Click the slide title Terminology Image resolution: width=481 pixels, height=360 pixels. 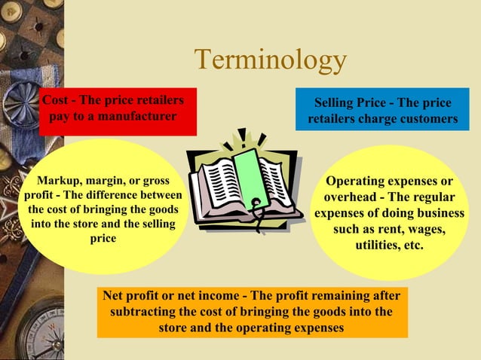271,61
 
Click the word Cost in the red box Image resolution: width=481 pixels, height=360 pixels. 54,102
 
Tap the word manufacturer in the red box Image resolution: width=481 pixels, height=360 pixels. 139,117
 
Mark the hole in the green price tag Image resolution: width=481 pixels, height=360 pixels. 256,202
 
